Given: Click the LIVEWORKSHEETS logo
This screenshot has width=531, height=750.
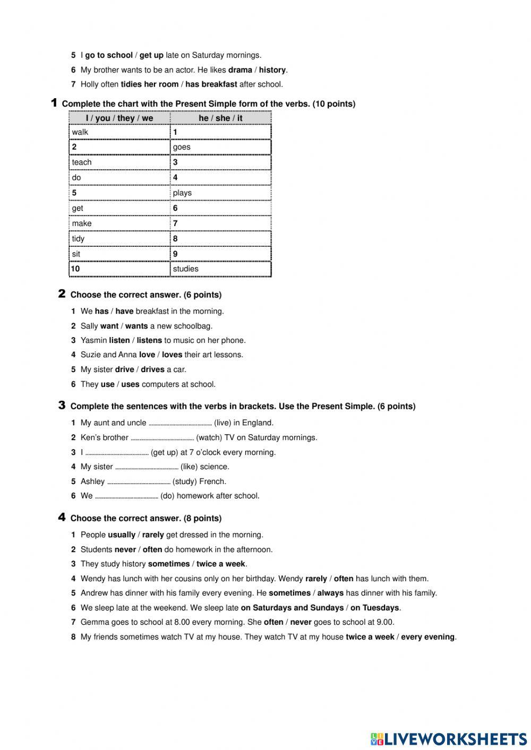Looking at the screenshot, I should coord(449,738).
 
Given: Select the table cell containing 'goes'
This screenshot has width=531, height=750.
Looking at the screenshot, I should coord(220,147).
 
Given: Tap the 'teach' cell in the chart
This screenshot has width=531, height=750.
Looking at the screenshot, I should coord(119,162).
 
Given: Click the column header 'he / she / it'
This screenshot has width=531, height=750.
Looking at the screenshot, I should coord(220,118).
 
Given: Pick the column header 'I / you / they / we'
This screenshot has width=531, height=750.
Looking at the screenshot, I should coord(119,118).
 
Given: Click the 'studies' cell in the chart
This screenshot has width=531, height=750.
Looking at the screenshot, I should coord(220,269).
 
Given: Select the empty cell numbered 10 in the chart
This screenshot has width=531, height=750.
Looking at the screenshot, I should coord(119,269).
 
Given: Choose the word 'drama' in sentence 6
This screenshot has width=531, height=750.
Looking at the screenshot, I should coord(240,70).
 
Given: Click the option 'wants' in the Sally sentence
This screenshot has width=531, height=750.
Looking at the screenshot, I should coord(136,326).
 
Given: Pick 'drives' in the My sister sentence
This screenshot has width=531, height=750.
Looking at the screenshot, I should coord(152,369).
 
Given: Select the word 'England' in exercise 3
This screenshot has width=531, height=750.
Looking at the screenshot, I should coord(258,423).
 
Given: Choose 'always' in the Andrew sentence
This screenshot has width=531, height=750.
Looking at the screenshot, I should coord(330,593).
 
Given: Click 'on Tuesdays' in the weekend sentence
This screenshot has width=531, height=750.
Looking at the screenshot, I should coord(374,608).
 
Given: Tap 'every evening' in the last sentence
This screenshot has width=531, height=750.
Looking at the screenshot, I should coord(427,637).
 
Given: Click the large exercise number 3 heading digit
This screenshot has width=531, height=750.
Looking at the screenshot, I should coord(62,406).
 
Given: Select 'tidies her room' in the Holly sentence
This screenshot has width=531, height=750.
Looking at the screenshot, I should coord(150,84).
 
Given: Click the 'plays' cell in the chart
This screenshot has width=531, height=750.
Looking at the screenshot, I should coord(220,193).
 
